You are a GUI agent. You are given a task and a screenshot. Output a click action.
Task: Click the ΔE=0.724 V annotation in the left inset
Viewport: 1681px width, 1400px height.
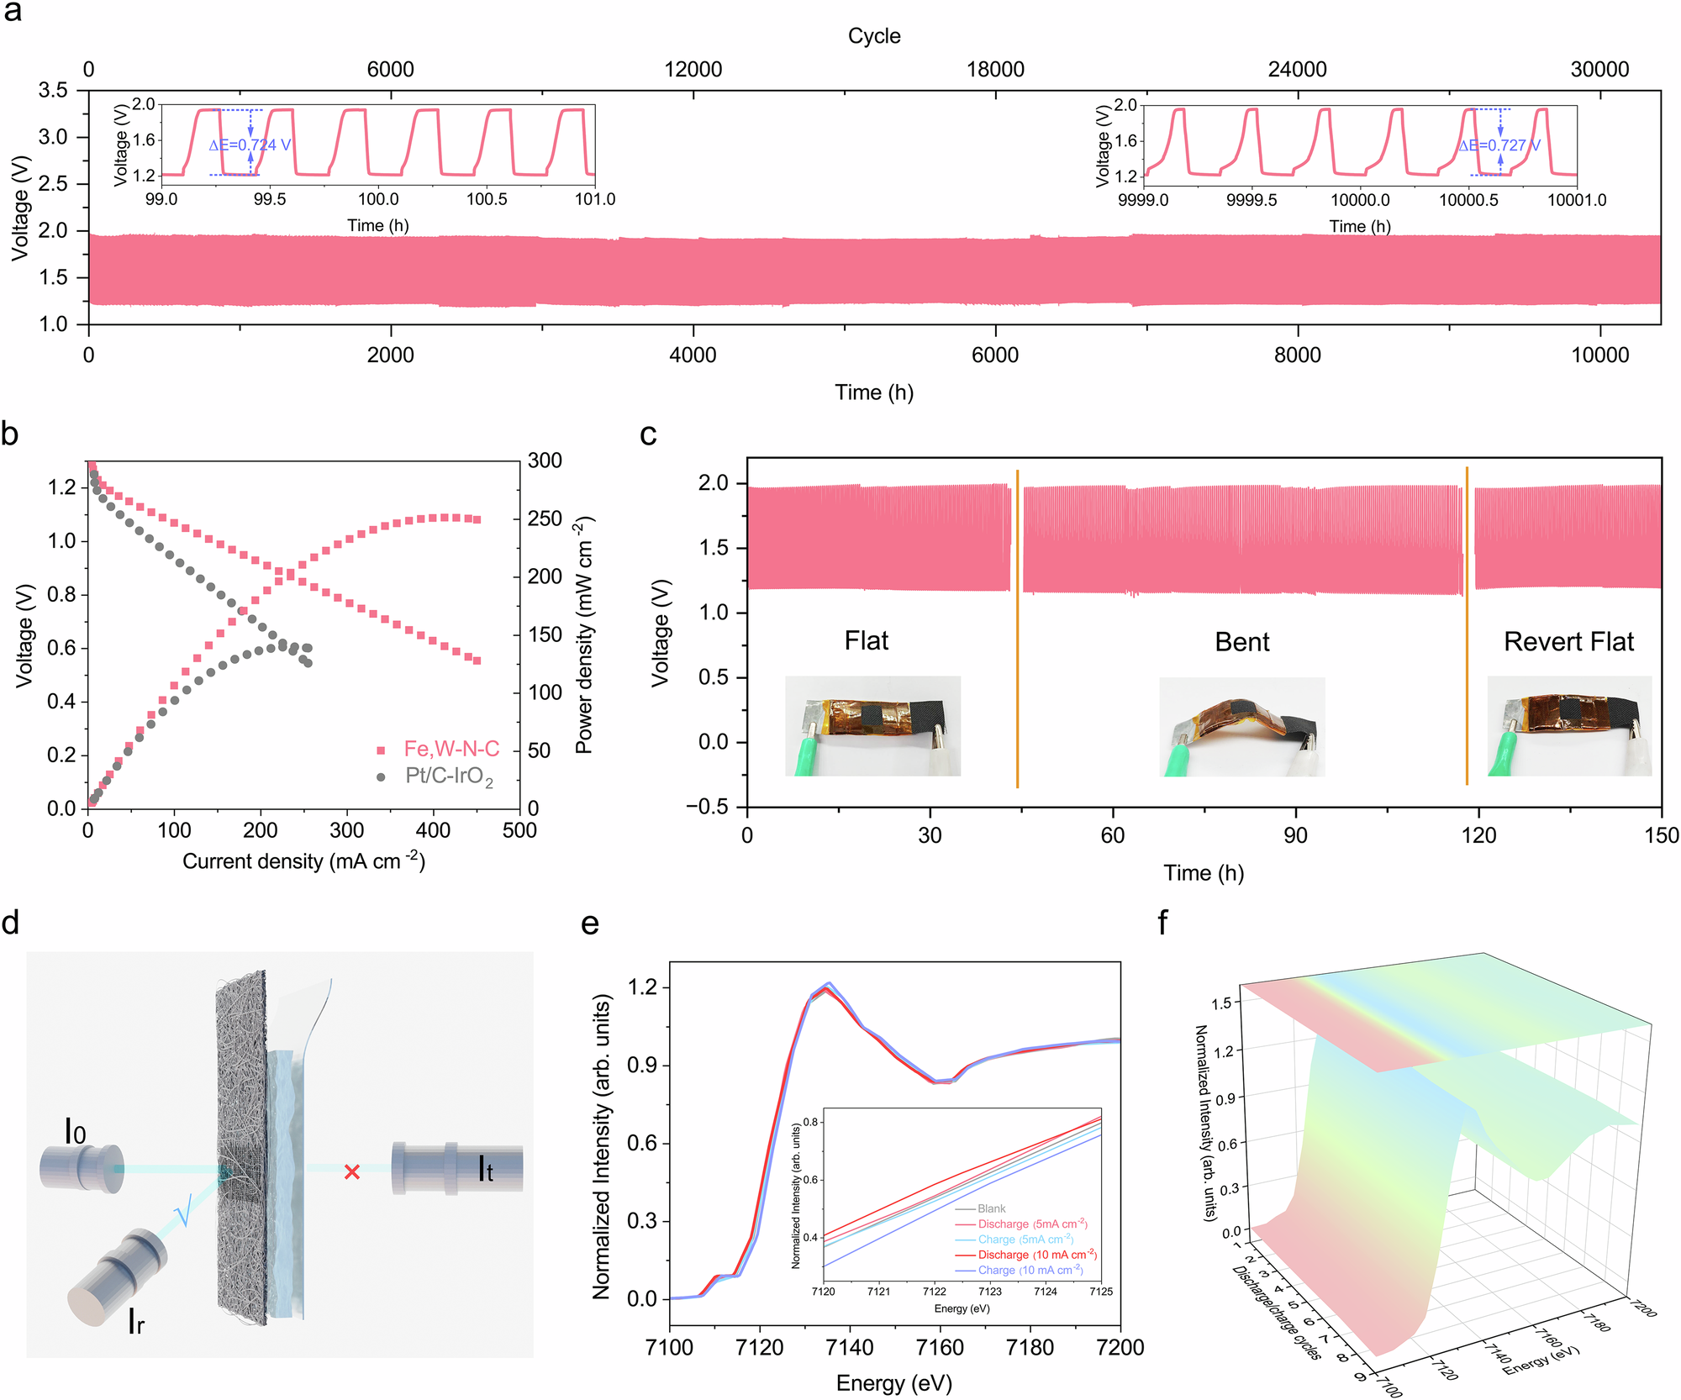(x=250, y=145)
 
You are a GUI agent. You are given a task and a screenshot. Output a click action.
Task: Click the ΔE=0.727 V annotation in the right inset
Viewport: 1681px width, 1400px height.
(x=1499, y=145)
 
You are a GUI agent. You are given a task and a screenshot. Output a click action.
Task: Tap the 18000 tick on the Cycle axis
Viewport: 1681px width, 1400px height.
(x=995, y=70)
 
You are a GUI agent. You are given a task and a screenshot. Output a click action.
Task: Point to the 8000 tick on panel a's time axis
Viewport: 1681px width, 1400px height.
(x=1297, y=355)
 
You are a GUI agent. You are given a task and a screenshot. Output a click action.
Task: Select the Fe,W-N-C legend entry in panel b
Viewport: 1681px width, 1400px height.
(x=451, y=749)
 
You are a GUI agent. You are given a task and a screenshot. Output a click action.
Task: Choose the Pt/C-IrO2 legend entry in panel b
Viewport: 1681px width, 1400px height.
(x=448, y=776)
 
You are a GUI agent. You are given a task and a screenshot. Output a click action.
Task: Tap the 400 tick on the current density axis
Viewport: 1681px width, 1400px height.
(x=433, y=830)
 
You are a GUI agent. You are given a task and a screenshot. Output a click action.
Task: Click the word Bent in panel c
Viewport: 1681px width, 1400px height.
(x=1241, y=642)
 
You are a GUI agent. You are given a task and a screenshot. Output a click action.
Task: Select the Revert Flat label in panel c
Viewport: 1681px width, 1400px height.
(x=1568, y=642)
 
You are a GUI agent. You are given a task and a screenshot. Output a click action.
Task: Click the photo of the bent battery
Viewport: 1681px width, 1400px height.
(x=1241, y=727)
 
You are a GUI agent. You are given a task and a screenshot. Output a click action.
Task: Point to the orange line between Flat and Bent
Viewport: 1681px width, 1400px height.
(x=1017, y=630)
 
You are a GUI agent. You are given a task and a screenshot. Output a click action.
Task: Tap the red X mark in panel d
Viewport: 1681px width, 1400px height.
(x=352, y=1171)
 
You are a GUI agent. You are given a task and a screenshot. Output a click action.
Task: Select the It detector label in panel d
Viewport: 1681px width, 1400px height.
(x=486, y=1170)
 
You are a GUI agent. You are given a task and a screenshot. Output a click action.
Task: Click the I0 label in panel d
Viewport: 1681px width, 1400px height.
(x=76, y=1133)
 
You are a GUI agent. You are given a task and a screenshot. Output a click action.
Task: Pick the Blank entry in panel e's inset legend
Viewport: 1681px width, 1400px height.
(x=991, y=1208)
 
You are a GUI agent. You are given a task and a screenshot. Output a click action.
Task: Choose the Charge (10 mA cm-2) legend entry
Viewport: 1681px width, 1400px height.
(x=1030, y=1271)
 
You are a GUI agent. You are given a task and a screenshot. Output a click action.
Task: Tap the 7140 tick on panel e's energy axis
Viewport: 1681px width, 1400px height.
(x=850, y=1348)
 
